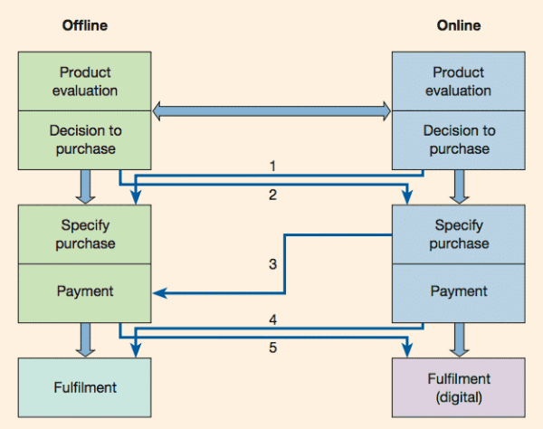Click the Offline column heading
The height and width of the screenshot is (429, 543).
84,25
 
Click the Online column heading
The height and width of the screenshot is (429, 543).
457,25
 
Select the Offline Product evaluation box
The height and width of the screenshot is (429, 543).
84,81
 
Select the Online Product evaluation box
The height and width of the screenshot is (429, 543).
457,81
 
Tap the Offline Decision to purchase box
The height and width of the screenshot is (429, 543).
84,139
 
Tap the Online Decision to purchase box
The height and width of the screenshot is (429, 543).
457,139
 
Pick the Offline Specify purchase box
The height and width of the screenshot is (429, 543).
84,234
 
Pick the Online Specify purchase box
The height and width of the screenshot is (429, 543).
457,234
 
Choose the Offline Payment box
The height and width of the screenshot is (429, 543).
84,291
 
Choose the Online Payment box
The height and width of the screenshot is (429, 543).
457,291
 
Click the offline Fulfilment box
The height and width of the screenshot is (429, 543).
84,387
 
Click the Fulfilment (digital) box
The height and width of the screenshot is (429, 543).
457,387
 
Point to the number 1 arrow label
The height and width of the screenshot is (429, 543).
272,166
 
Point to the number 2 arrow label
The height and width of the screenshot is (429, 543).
272,194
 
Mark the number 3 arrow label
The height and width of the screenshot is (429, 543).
272,264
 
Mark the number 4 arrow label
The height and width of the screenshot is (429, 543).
272,319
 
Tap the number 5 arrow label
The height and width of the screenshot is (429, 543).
272,347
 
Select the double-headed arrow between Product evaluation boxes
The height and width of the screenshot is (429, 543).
271,111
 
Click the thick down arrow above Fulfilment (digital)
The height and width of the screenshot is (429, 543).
457,341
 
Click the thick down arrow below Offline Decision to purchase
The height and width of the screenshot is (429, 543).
84,186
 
